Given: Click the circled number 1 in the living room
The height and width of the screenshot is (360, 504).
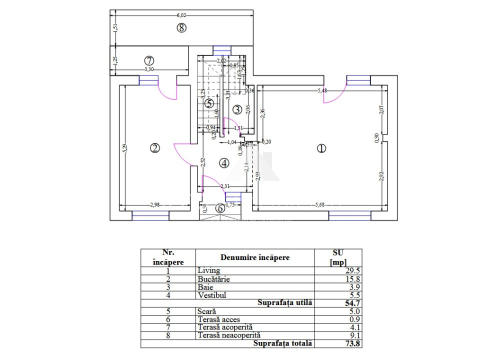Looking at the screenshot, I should [x=321, y=148].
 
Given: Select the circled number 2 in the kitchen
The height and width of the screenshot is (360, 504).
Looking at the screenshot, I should [x=155, y=148].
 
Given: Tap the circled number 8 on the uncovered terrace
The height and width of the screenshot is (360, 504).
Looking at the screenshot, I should [x=181, y=28].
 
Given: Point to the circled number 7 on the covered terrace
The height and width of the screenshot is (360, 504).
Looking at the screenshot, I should [x=142, y=61].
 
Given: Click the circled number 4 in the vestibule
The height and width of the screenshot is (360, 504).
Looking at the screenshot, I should [x=223, y=163].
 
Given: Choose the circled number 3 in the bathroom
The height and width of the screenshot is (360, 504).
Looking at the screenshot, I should [x=237, y=109].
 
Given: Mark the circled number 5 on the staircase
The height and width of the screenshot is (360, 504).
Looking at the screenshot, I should [x=209, y=103].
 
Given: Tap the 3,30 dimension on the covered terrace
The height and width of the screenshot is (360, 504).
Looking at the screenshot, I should [x=149, y=69].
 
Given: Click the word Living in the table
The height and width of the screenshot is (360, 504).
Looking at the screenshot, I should [x=208, y=270].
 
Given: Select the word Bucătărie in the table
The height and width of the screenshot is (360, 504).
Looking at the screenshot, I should [x=214, y=279].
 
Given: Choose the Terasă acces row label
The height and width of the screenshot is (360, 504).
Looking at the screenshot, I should [x=218, y=319].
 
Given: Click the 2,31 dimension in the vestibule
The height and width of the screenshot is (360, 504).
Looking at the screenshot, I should [x=225, y=186].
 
